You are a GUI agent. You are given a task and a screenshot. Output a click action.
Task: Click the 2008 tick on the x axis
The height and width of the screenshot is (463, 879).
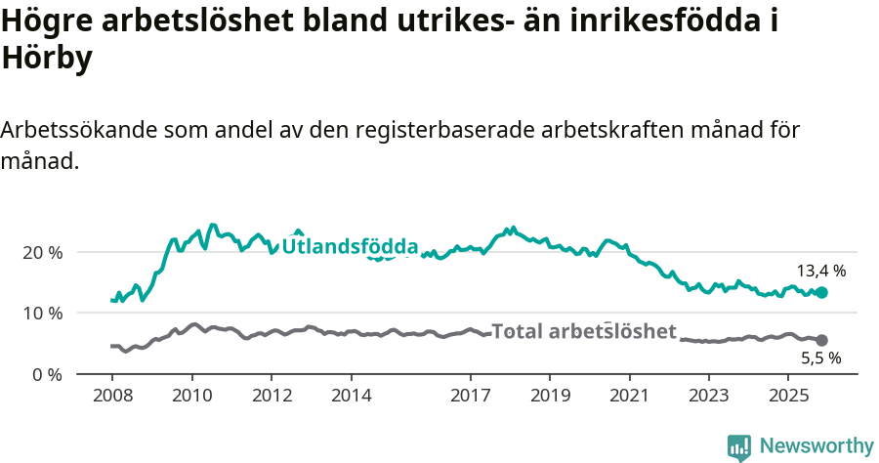click(x=112, y=397)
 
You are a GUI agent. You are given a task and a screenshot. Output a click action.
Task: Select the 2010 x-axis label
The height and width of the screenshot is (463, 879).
click(x=192, y=397)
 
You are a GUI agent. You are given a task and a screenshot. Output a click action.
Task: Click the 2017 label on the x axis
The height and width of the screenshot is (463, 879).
click(x=471, y=397)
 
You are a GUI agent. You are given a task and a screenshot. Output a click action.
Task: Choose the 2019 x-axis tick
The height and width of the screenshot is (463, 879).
click(x=550, y=397)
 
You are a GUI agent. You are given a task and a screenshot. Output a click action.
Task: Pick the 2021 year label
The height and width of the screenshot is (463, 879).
click(x=630, y=397)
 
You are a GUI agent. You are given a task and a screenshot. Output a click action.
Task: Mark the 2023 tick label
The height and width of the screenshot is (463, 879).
click(x=709, y=397)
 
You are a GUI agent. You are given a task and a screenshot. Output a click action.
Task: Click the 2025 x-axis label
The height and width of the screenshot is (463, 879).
click(x=788, y=397)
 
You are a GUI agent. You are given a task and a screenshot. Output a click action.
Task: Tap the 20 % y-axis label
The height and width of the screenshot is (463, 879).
click(x=43, y=252)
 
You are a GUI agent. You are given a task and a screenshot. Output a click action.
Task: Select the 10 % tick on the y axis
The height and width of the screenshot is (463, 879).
click(x=43, y=314)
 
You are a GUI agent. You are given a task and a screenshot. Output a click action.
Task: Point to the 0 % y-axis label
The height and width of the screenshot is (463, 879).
click(x=48, y=375)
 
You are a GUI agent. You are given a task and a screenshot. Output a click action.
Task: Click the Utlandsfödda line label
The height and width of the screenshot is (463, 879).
click(x=350, y=247)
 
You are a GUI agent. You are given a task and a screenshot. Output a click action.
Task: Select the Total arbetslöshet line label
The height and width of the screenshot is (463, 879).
click(x=583, y=331)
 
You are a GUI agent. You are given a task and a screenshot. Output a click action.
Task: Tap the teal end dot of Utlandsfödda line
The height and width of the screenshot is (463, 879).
click(x=821, y=292)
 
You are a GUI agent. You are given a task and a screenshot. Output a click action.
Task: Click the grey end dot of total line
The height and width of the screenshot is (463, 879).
click(x=821, y=340)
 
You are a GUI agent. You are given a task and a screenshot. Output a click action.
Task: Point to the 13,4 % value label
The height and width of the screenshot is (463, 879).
click(x=821, y=271)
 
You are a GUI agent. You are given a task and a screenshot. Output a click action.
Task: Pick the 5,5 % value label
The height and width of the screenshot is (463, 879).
click(x=821, y=358)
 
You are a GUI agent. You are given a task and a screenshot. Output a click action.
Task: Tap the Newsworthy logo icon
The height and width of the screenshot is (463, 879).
click(x=739, y=446)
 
